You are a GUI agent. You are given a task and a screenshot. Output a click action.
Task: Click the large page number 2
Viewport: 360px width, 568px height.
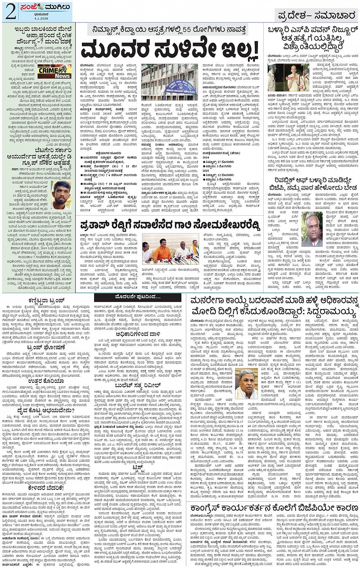tap(10, 12)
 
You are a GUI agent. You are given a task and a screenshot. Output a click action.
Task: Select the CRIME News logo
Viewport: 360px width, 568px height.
tap(54, 72)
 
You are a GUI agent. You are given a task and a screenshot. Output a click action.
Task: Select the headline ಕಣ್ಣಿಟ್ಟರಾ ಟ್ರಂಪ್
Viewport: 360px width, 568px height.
tap(46, 300)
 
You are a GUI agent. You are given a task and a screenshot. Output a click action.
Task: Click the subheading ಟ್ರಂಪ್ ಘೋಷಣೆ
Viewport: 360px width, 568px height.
tap(46, 347)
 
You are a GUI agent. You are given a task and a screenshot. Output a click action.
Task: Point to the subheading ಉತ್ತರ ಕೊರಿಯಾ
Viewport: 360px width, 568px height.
tap(46, 381)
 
